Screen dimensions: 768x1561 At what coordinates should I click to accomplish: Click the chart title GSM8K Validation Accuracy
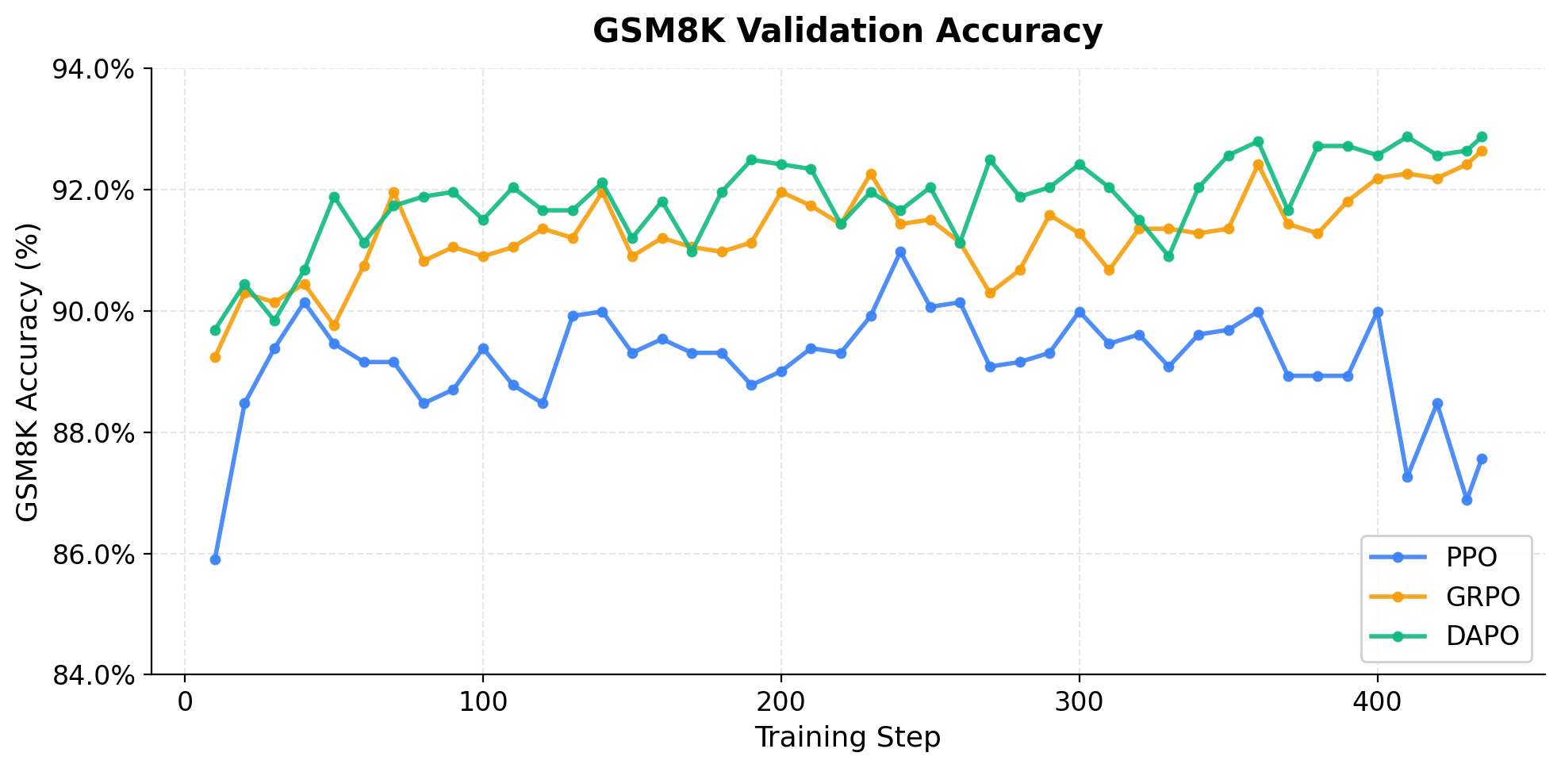tap(847, 32)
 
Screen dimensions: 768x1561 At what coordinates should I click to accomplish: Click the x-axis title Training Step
tap(847, 738)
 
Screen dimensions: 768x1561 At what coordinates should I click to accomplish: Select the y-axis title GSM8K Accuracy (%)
tap(28, 371)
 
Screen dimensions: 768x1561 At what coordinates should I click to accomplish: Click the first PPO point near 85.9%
tap(215, 559)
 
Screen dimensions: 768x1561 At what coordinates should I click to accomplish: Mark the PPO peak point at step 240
tap(900, 252)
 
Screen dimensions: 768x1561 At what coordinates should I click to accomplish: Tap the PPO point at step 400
tap(1378, 312)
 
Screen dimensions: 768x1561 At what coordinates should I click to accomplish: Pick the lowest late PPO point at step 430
tap(1467, 500)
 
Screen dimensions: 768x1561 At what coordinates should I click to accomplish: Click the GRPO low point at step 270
tap(990, 293)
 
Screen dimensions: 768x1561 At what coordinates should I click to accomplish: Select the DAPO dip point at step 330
tap(1168, 256)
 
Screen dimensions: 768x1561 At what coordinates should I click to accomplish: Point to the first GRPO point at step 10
tap(215, 357)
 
